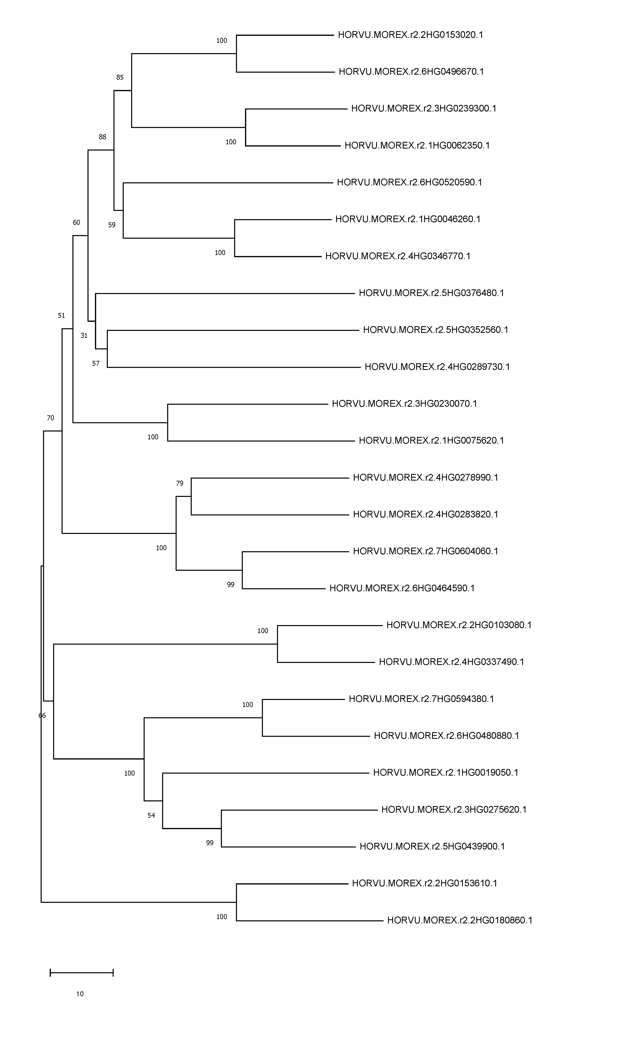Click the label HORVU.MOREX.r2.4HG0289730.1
[437, 367]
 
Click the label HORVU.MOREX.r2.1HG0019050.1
[446, 773]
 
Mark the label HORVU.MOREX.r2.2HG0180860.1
[460, 920]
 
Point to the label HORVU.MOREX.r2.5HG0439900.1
[432, 846]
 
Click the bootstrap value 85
[120, 77]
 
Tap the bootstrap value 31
[84, 335]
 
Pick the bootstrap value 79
[180, 483]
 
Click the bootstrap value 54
[151, 815]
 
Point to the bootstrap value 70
[50, 418]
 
